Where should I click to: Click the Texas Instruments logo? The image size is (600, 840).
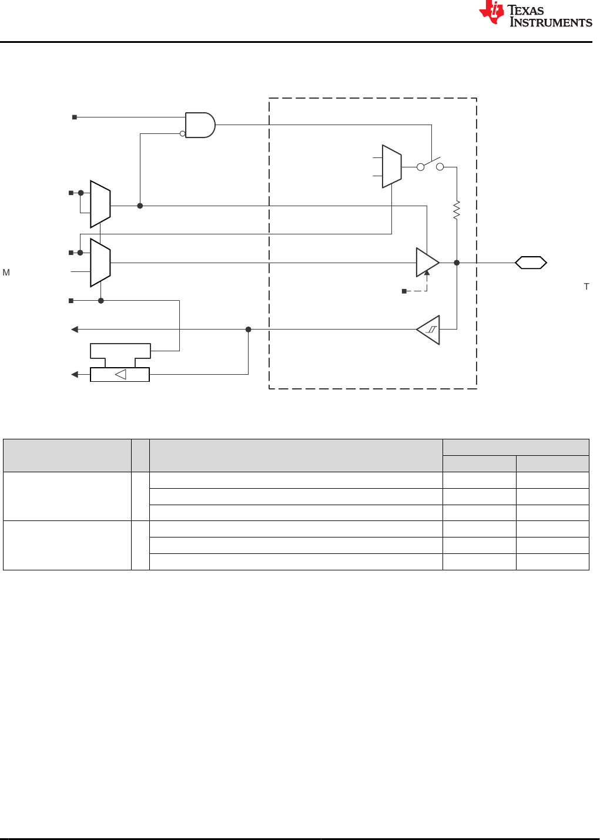coord(535,14)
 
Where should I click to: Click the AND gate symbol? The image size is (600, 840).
coord(200,125)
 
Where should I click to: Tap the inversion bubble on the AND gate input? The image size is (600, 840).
coord(182,133)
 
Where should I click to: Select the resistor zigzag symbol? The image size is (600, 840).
coord(457,210)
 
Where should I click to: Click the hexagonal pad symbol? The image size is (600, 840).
coord(531,263)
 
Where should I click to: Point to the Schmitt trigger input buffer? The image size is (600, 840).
coord(428,330)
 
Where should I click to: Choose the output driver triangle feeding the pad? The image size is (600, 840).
coord(428,263)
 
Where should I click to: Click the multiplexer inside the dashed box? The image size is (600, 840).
coord(392,166)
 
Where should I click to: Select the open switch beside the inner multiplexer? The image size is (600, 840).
coord(430,165)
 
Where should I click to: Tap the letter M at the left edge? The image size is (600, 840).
coord(6,273)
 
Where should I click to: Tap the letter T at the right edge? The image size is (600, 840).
coord(586,287)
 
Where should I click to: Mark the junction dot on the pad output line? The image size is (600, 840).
coord(457,263)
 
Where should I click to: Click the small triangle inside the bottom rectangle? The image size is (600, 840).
coord(120,374)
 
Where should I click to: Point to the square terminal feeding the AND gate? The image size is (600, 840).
coord(75,117)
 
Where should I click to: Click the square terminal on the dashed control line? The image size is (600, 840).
coord(404,291)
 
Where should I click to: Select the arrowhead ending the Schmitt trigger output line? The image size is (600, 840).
coord(75,330)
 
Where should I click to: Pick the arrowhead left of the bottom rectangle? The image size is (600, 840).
coord(75,374)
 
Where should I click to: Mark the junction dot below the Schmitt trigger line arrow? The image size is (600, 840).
coord(248,330)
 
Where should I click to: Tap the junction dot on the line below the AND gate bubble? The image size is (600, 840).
coord(140,206)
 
